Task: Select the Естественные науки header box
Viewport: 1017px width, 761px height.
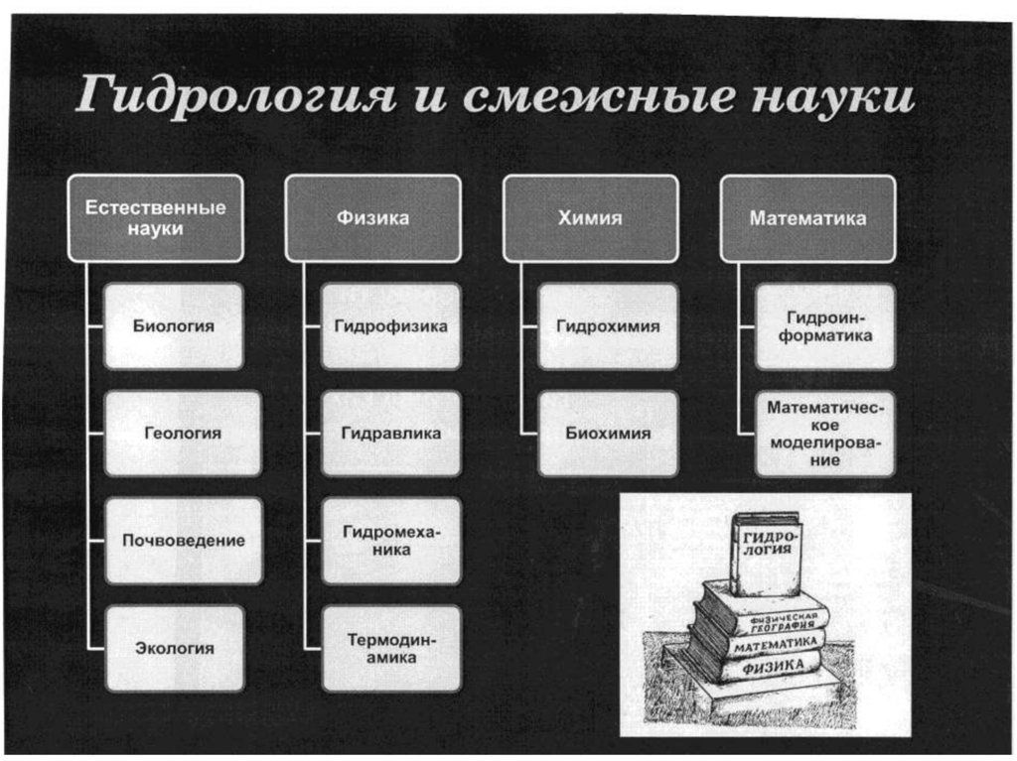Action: point(155,218)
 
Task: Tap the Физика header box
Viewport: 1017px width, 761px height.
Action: point(372,218)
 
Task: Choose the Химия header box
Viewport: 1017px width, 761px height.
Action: point(590,218)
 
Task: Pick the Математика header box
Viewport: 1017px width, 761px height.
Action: point(807,218)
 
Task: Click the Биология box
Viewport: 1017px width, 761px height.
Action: point(174,326)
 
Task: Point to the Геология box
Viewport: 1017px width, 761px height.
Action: point(183,434)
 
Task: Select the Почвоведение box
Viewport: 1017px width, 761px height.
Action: point(183,541)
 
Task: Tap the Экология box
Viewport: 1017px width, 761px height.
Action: point(174,648)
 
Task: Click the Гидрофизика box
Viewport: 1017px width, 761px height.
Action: point(391,326)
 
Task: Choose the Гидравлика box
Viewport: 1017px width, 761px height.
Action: point(391,434)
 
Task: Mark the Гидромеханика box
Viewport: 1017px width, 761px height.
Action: point(391,541)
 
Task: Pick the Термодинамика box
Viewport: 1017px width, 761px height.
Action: point(391,648)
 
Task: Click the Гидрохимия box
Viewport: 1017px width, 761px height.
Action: point(608,326)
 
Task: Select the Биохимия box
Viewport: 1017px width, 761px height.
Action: point(608,434)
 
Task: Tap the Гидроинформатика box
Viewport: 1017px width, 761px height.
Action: point(825,326)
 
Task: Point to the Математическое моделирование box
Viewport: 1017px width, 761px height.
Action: point(825,434)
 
